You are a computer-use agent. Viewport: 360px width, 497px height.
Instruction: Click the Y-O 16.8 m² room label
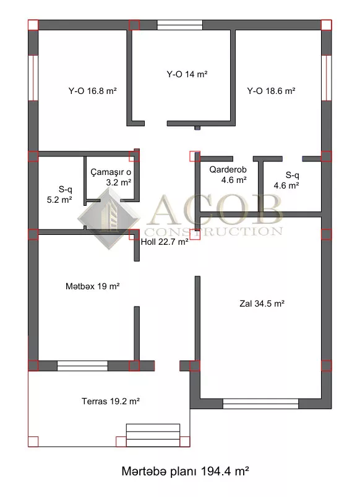point(93,91)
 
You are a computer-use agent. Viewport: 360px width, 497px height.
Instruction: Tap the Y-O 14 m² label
point(187,74)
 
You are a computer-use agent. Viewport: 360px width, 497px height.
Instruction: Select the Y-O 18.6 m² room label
point(271,91)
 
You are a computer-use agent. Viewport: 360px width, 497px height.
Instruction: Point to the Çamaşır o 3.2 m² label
point(111,177)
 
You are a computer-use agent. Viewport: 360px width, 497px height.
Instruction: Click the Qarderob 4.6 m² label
point(228,175)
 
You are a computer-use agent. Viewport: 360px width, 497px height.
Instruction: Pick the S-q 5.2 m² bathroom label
point(59,195)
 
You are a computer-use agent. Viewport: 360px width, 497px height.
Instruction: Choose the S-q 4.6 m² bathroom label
point(286,180)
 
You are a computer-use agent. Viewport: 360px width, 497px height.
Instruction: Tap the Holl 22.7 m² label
point(165,242)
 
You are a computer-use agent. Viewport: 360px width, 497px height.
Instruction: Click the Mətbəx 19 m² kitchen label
point(93,286)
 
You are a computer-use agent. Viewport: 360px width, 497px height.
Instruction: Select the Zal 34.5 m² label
point(262,304)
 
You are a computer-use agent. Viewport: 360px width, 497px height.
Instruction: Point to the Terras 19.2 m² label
point(111,401)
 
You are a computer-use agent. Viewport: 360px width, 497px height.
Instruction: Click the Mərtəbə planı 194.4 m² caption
point(185,471)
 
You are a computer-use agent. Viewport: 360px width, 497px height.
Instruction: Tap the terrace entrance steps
point(153,435)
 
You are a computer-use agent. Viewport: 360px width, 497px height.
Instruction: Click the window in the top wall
point(180,25)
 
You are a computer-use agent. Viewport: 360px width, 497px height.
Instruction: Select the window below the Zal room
point(261,404)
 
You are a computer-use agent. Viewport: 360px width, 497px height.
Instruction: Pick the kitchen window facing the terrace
point(82,366)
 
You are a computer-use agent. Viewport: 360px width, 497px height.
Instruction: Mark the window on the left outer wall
point(33,78)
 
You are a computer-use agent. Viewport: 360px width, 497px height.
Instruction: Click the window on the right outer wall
point(327,78)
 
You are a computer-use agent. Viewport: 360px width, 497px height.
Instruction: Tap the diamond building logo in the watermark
point(109,218)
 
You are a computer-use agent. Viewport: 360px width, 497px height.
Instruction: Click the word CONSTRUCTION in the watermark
point(213,231)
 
